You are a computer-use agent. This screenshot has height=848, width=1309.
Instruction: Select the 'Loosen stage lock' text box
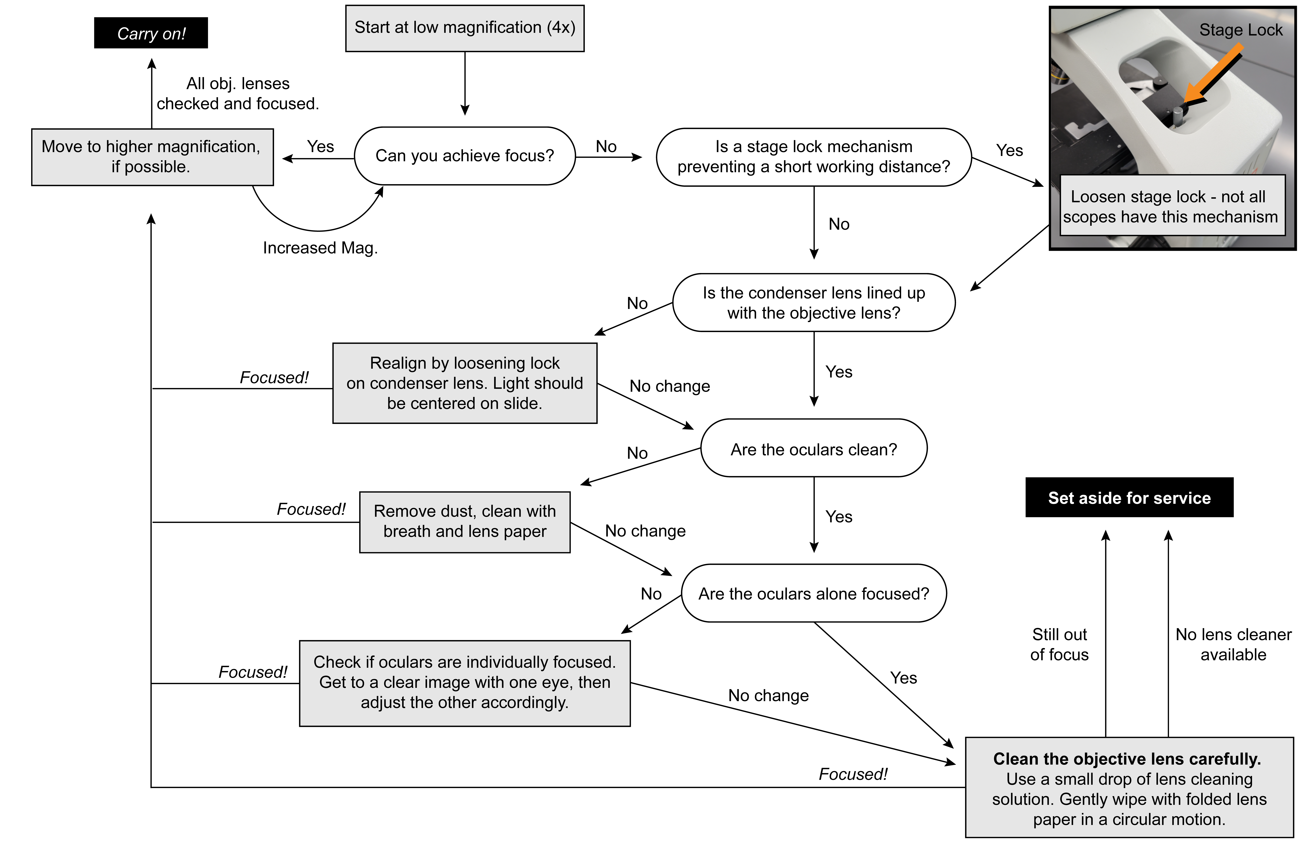1172,206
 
